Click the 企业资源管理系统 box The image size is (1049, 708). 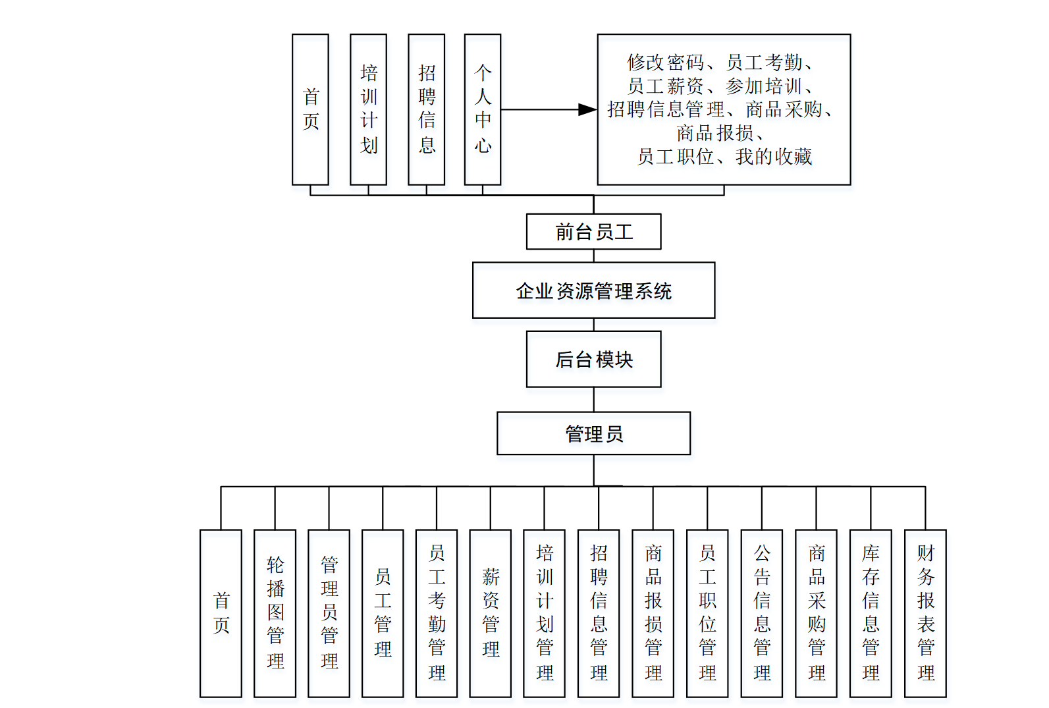pyautogui.click(x=593, y=290)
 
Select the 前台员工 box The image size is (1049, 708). pyautogui.click(x=593, y=232)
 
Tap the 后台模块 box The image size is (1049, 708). pyautogui.click(x=593, y=359)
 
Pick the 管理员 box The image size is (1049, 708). pyautogui.click(x=593, y=433)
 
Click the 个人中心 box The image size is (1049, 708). pyautogui.click(x=483, y=109)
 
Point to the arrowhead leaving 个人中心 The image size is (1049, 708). pyautogui.click(x=587, y=109)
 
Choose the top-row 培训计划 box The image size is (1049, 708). pyautogui.click(x=368, y=109)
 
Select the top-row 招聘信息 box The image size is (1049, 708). pyautogui.click(x=426, y=109)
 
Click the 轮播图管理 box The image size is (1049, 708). pyautogui.click(x=275, y=613)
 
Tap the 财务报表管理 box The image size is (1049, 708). pyautogui.click(x=925, y=613)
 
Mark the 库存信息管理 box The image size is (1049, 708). pyautogui.click(x=871, y=613)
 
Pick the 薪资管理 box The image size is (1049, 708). pyautogui.click(x=490, y=613)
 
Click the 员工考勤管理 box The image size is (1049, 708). pyautogui.click(x=436, y=613)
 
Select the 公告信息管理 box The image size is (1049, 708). pyautogui.click(x=762, y=613)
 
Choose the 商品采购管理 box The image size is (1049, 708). pyautogui.click(x=816, y=613)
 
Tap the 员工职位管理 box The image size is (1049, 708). pyautogui.click(x=707, y=613)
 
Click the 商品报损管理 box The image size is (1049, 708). pyautogui.click(x=653, y=613)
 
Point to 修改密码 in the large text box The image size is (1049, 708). pyautogui.click(x=665, y=63)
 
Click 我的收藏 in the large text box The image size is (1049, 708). pyautogui.click(x=774, y=157)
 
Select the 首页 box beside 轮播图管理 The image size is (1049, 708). pyautogui.click(x=221, y=613)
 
